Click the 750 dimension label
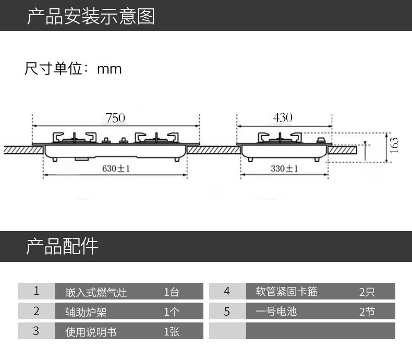(115, 118)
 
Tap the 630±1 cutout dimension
(116, 169)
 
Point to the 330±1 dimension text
(284, 169)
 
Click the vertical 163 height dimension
(394, 145)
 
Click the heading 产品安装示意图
(91, 16)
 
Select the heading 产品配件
(62, 246)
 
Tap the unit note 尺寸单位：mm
(73, 68)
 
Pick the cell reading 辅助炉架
(86, 312)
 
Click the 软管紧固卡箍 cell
(287, 291)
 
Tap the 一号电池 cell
(276, 311)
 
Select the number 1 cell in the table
(36, 291)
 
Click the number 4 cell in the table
(227, 291)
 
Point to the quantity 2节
(367, 312)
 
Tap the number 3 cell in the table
(36, 331)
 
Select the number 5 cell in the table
(227, 311)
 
